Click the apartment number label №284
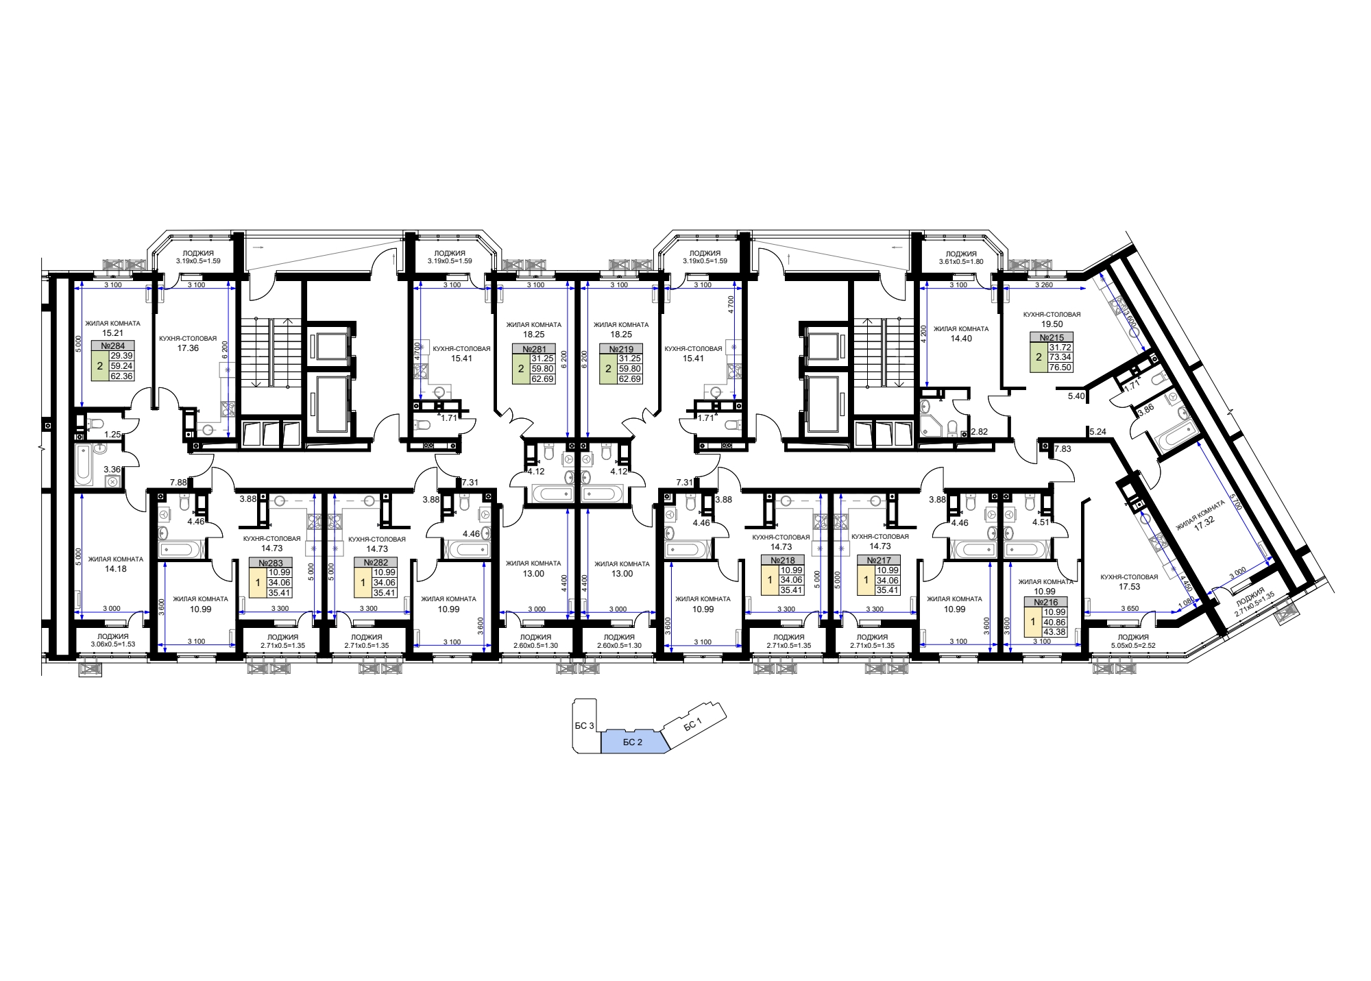[x=113, y=346]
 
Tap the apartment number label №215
[x=1052, y=337]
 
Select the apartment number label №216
[x=1045, y=602]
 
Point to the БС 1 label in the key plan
[x=693, y=725]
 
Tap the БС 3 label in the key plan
[x=584, y=725]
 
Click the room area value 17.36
[x=188, y=348]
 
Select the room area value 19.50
[x=1052, y=324]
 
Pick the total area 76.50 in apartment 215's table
[x=1060, y=367]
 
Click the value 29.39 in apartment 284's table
[x=121, y=356]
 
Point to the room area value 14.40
[x=961, y=338]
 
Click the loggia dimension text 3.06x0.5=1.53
[x=113, y=644]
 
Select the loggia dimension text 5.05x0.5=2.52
[x=1133, y=645]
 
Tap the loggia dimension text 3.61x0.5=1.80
[x=961, y=261]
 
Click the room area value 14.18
[x=116, y=568]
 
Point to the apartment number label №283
[x=271, y=563]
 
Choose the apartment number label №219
[x=621, y=349]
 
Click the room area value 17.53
[x=1129, y=586]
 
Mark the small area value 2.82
[x=980, y=432]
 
